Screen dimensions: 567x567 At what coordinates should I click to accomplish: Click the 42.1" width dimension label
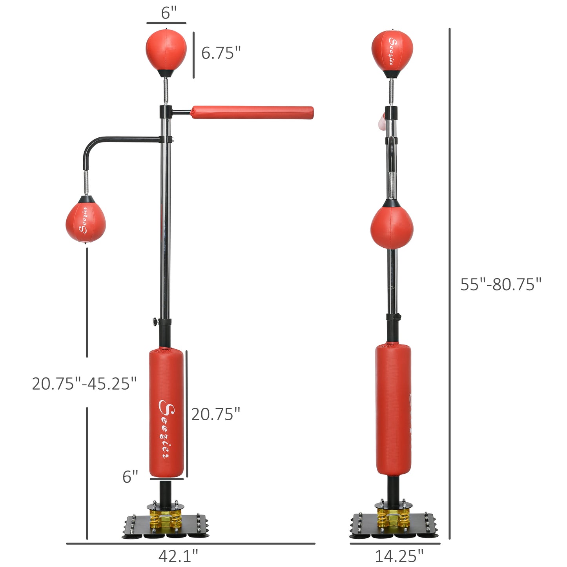tap(178, 556)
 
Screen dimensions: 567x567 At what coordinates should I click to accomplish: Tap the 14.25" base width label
tap(399, 556)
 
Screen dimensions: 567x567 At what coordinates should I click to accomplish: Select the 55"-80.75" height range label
tap(501, 284)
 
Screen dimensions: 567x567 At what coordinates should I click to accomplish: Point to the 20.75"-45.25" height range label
tap(84, 383)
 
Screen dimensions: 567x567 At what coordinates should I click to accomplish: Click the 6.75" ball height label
tap(221, 53)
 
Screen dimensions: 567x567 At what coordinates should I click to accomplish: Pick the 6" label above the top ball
tap(169, 13)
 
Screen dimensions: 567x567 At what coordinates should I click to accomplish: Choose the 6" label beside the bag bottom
tap(130, 477)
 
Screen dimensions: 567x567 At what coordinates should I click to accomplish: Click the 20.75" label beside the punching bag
tap(215, 414)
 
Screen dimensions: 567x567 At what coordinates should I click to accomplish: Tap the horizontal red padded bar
tap(252, 112)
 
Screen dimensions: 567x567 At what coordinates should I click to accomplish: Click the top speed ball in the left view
tap(166, 50)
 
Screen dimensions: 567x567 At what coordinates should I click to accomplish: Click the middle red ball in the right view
tap(392, 228)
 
